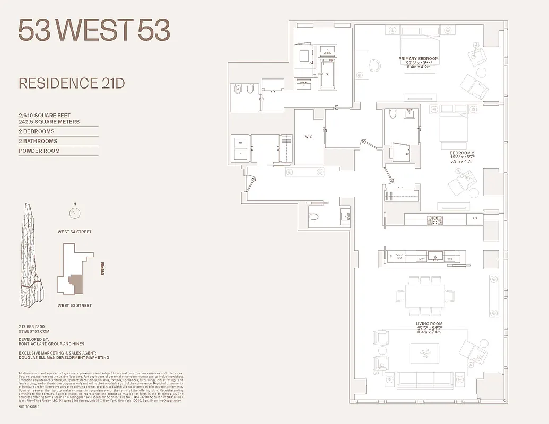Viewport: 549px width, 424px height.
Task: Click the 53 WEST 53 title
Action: pyautogui.click(x=94, y=30)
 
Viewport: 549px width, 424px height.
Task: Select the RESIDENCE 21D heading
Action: pyautogui.click(x=72, y=83)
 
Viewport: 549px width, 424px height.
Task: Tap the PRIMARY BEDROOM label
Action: pyautogui.click(x=419, y=58)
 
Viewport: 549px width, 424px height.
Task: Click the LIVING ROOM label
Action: pyautogui.click(x=429, y=324)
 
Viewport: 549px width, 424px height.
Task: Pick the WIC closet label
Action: pyautogui.click(x=308, y=137)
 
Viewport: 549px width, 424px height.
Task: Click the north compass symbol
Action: pyautogui.click(x=75, y=213)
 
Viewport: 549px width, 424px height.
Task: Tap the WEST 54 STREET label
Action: pyautogui.click(x=75, y=232)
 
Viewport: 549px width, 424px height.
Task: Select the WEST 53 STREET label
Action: pyautogui.click(x=75, y=306)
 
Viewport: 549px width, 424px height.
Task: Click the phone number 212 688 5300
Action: pyautogui.click(x=32, y=326)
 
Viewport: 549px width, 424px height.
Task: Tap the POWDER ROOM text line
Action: pyautogui.click(x=39, y=151)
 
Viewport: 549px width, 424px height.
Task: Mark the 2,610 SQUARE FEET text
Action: pyautogui.click(x=45, y=116)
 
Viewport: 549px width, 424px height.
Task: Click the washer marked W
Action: pyautogui.click(x=240, y=143)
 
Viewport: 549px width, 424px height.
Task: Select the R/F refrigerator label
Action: pyautogui.click(x=475, y=218)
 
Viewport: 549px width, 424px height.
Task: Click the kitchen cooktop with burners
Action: pyautogui.click(x=435, y=219)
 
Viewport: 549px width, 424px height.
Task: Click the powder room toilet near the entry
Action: pyautogui.click(x=313, y=216)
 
